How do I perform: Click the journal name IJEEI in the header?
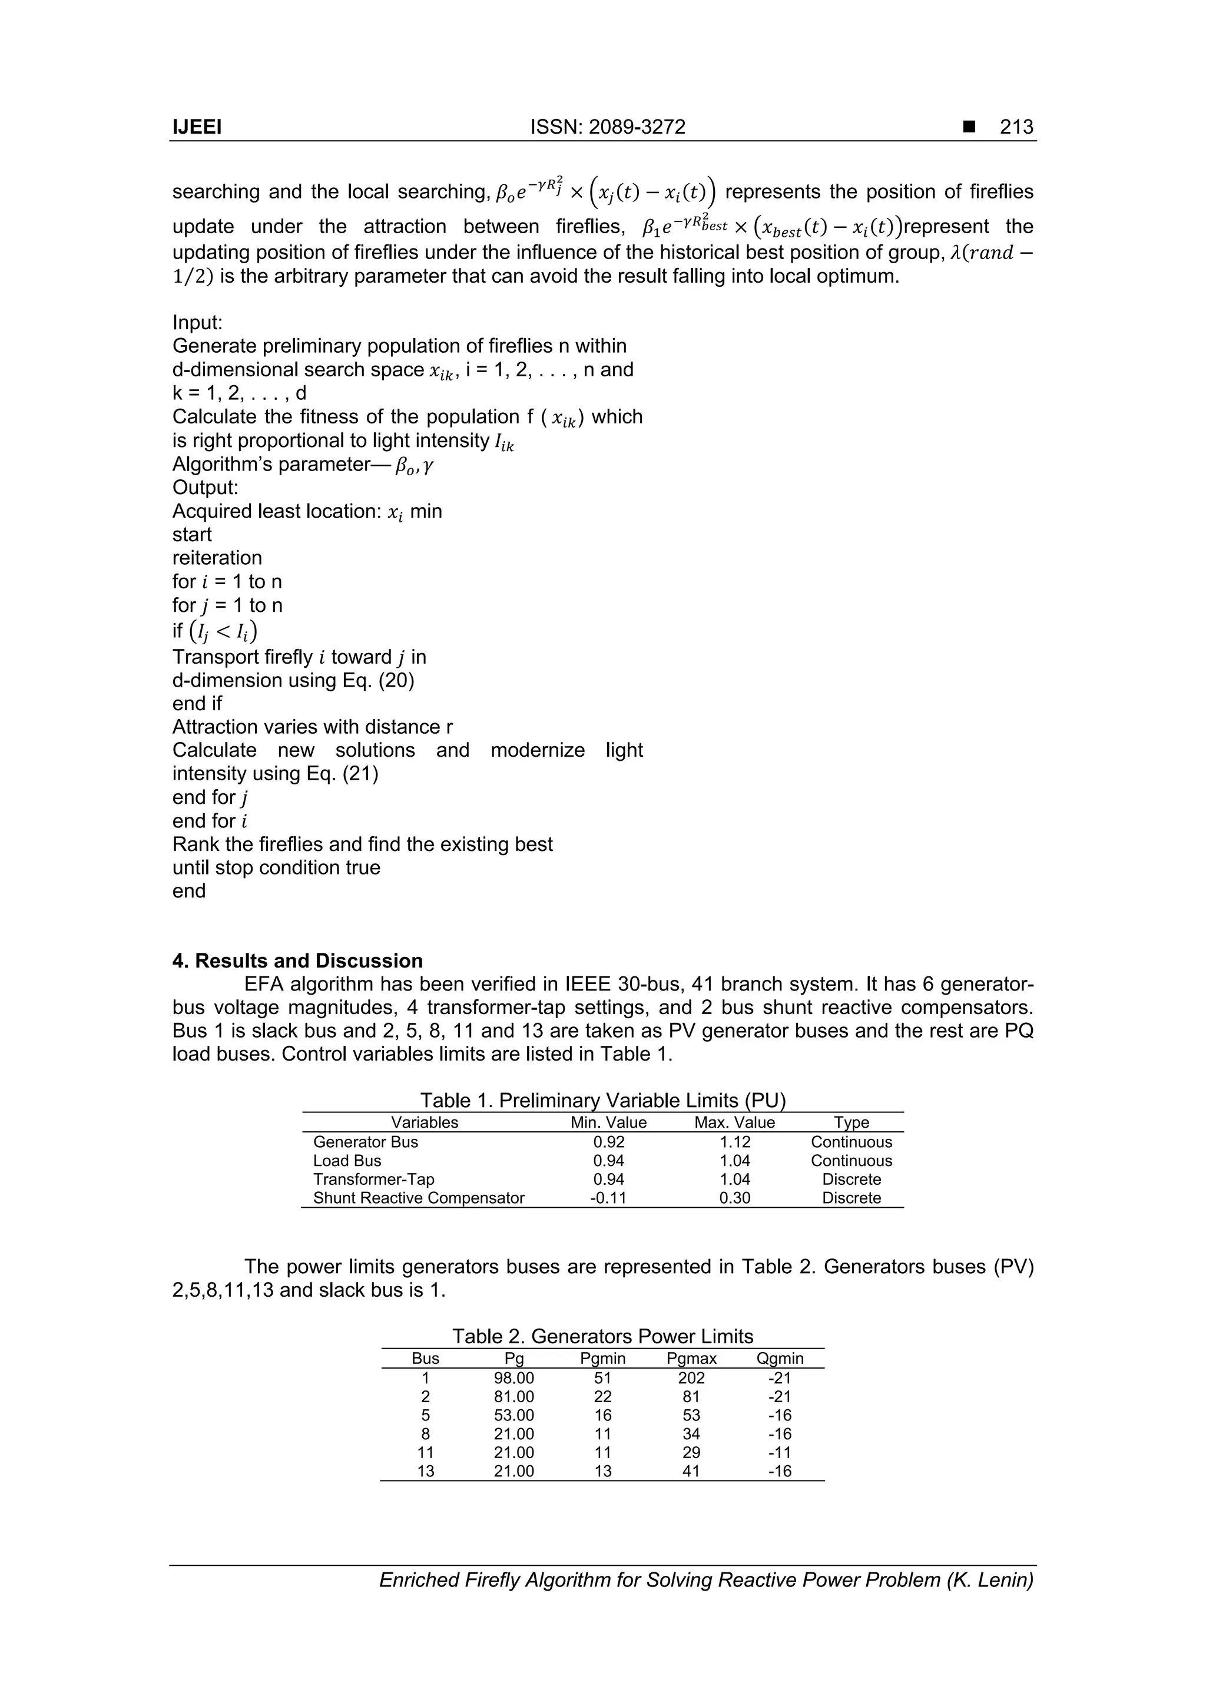coord(197,127)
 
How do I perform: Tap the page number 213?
coord(1016,127)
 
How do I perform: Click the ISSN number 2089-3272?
coord(636,127)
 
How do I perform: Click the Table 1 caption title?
coord(602,1101)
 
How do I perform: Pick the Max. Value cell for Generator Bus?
coord(734,1142)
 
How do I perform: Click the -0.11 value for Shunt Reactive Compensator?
coord(608,1198)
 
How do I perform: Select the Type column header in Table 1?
coord(851,1123)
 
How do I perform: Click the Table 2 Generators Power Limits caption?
coord(602,1337)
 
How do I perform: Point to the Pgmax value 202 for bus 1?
coord(691,1379)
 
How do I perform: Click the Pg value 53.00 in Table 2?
coord(513,1416)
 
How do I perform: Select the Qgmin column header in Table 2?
coord(780,1359)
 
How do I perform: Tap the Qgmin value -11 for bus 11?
coord(780,1453)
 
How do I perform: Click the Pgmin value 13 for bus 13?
coord(602,1471)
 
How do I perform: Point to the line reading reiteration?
coord(217,558)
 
